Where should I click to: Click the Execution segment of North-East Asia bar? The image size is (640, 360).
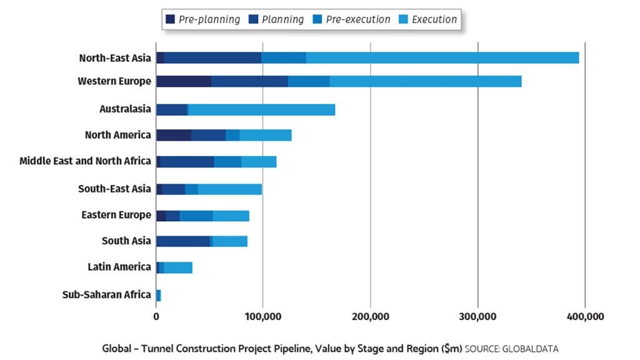point(442,58)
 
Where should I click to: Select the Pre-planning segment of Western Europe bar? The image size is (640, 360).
point(184,81)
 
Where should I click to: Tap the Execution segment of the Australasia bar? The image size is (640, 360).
point(262,109)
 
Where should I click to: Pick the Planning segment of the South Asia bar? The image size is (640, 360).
point(183,241)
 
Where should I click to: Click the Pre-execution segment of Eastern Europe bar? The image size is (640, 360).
point(196,216)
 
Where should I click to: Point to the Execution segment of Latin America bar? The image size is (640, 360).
point(178,267)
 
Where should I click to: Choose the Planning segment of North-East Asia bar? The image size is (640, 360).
point(212,58)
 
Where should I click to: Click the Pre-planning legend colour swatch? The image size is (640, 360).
point(170,19)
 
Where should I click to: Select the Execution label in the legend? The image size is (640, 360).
point(434,19)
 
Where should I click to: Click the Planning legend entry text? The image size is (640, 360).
point(282,19)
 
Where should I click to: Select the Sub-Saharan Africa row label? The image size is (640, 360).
point(107,295)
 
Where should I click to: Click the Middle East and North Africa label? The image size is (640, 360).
point(85,161)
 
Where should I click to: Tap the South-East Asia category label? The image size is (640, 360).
point(114,189)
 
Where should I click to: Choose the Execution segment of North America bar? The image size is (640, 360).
point(266,136)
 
